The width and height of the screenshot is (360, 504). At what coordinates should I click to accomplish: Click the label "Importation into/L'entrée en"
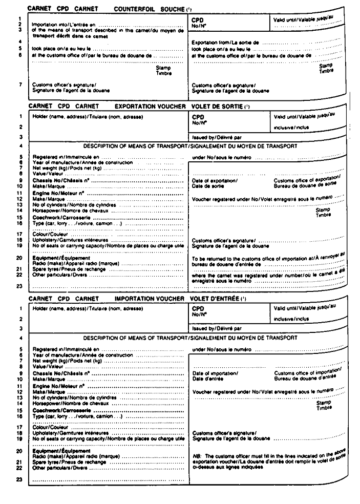click(64, 24)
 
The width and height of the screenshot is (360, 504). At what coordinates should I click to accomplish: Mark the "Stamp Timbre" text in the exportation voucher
click(323, 213)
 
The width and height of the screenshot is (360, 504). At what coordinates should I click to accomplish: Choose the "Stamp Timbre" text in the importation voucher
click(324, 405)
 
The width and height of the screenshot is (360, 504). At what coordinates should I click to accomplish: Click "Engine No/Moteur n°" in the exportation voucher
click(58, 195)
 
